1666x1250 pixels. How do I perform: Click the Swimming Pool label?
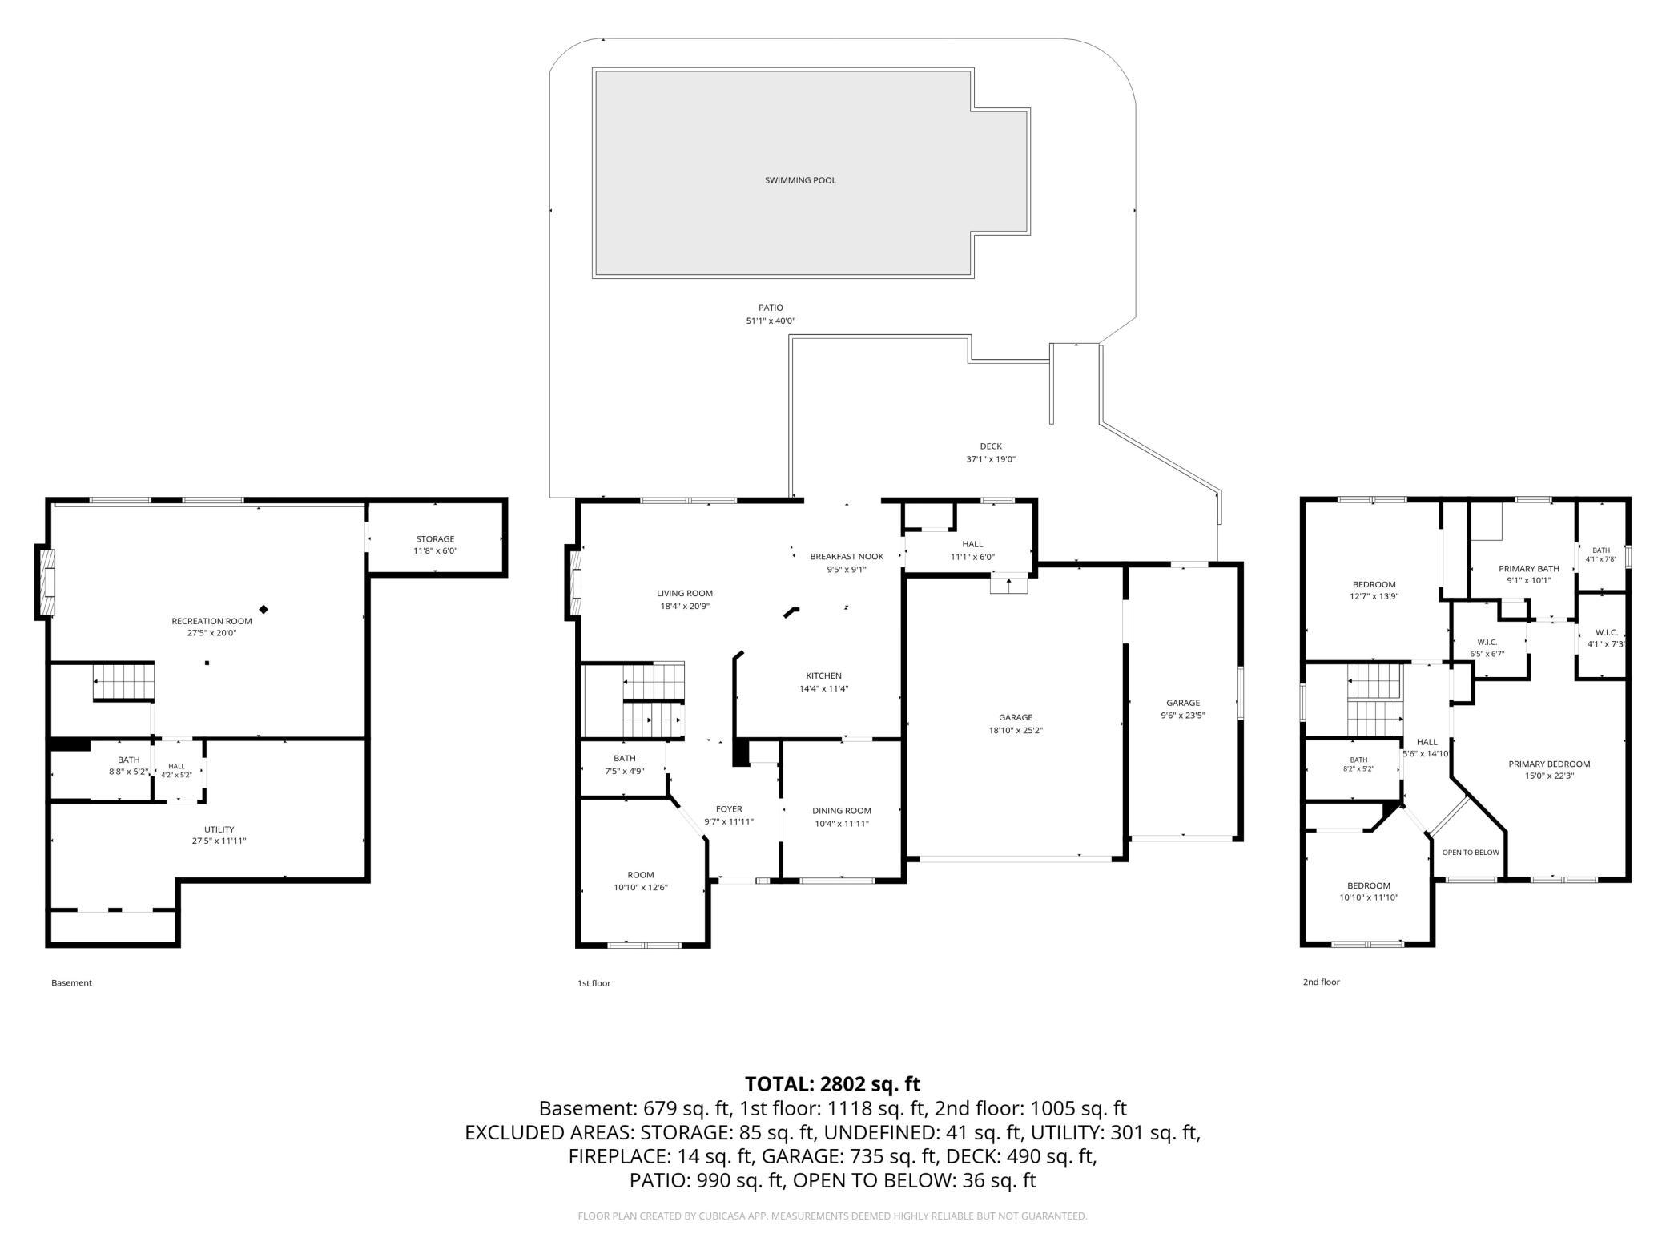click(x=800, y=180)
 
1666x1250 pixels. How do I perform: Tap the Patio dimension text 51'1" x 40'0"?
click(x=771, y=321)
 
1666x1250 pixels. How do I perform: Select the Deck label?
click(x=991, y=446)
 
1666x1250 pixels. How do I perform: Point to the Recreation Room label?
click(x=211, y=621)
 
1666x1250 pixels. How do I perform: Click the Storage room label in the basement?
click(x=435, y=539)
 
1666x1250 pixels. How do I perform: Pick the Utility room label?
click(x=219, y=829)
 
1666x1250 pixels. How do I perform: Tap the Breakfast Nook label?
click(x=847, y=557)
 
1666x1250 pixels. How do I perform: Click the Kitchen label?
click(x=823, y=675)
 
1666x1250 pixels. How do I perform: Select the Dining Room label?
click(x=841, y=811)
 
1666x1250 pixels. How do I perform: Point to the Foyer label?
click(x=729, y=809)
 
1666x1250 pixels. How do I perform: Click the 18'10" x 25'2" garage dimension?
click(x=1016, y=731)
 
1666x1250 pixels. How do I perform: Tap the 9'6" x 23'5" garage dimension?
click(x=1183, y=716)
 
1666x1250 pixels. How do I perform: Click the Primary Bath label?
click(x=1529, y=569)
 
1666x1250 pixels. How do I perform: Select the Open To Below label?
click(x=1471, y=853)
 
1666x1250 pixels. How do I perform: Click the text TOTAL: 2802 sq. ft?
click(x=832, y=1084)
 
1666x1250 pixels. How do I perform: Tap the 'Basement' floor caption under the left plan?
click(x=71, y=982)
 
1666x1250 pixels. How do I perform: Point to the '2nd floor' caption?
click(x=1321, y=982)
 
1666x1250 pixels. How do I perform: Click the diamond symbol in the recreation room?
click(x=264, y=610)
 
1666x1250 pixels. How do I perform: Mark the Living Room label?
click(x=685, y=594)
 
